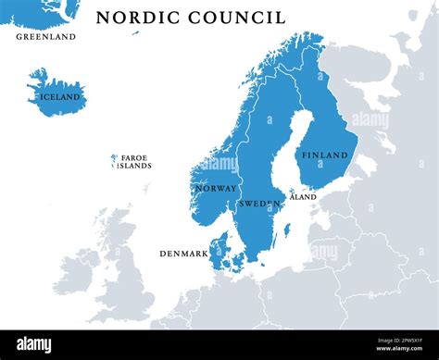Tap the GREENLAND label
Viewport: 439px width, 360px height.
coord(45,37)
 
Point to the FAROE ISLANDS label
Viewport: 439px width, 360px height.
coord(135,162)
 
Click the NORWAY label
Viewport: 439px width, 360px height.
coord(216,188)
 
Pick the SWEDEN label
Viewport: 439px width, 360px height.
coord(260,203)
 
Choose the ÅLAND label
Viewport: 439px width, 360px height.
coord(303,197)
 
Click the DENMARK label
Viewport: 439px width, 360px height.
coord(183,253)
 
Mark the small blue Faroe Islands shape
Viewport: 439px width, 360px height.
coord(114,160)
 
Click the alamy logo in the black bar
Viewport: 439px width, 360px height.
coord(34,344)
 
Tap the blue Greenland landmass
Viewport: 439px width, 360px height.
coord(42,11)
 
